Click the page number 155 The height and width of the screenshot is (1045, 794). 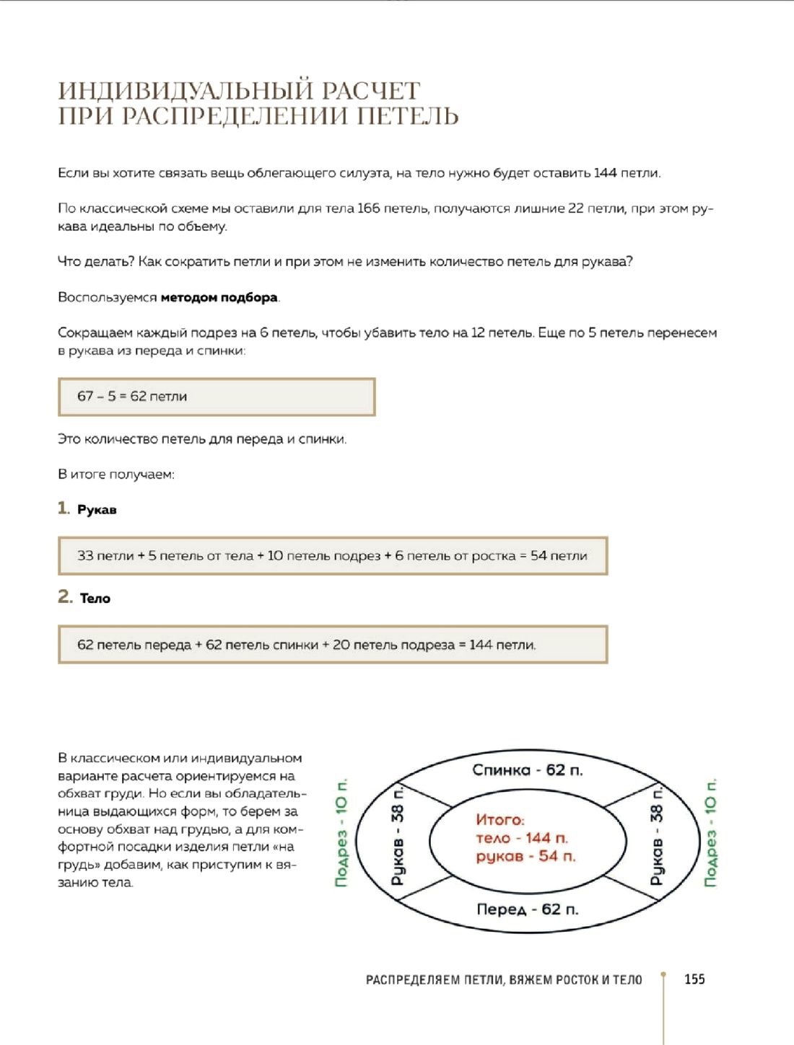[694, 979]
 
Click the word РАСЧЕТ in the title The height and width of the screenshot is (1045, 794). [370, 91]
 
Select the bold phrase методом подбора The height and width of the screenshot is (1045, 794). [219, 297]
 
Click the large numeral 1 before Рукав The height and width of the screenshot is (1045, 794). [64, 508]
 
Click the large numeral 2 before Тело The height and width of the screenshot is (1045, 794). [65, 596]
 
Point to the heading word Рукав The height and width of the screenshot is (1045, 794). [97, 510]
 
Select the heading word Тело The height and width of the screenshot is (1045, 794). [95, 598]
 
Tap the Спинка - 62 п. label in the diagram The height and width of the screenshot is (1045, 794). [527, 770]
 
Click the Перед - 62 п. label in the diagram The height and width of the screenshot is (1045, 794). [527, 909]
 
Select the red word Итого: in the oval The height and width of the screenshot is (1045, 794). [500, 819]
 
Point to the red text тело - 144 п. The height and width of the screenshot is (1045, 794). [522, 838]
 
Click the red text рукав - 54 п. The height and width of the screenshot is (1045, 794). [525, 856]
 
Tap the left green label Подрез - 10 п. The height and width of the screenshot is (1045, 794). [341, 832]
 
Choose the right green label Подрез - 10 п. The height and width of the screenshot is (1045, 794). [710, 832]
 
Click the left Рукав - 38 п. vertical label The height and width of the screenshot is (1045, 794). [398, 835]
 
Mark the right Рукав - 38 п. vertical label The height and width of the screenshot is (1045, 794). [656, 835]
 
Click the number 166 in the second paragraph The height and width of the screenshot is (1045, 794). [368, 208]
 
